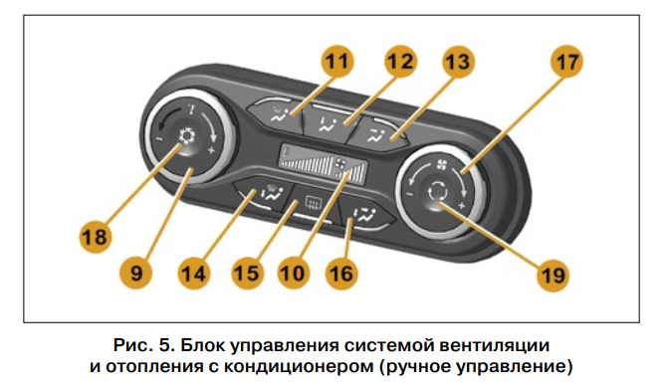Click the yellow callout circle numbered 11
coord(337,61)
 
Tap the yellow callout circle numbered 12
coord(400,61)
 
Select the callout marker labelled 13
coord(458,61)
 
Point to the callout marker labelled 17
coord(566,62)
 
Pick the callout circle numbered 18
coord(96,237)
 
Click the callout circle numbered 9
coord(136,273)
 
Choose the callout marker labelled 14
coord(194,274)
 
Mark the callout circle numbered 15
coord(247,274)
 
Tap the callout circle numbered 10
coord(294,274)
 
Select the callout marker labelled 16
coord(341,274)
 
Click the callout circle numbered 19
coord(554,275)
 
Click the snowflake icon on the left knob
coord(187,136)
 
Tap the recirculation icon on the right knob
coord(437,190)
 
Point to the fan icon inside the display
coord(341,163)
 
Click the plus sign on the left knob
coord(210,150)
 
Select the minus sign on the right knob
coord(409,195)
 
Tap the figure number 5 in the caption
coord(166,345)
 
